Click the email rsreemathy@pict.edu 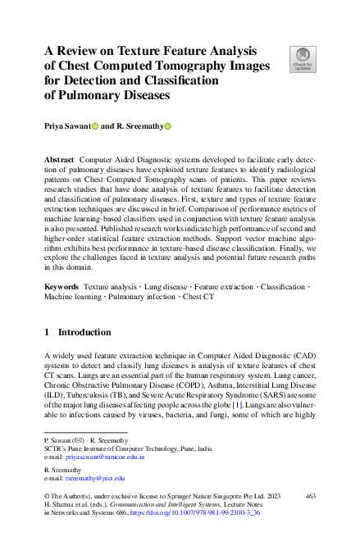tap(94, 477)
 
